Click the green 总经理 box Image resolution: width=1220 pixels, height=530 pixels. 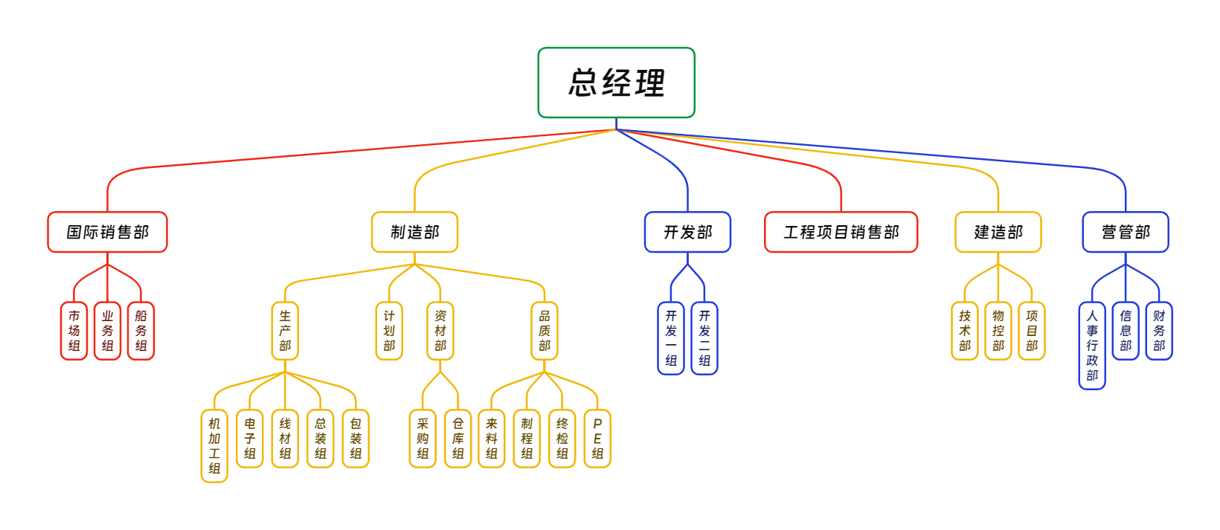(616, 83)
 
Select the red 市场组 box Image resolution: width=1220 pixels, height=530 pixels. (74, 331)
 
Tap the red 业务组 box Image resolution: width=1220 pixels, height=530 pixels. (107, 331)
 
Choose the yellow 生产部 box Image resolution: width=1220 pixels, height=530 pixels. (285, 331)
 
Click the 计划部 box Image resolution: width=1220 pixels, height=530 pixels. (389, 331)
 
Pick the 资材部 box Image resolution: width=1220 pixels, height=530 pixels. (440, 331)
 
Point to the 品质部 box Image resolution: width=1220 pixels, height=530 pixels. (545, 331)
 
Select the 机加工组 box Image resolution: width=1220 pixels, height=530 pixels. (214, 445)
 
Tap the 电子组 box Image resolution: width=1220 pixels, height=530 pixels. (250, 439)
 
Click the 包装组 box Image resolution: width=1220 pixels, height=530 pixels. (356, 439)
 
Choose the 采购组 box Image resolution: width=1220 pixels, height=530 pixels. (423, 439)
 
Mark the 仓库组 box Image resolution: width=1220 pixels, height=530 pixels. (458, 439)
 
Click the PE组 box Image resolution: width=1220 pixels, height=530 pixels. (597, 439)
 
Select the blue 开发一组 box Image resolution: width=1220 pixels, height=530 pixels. (671, 338)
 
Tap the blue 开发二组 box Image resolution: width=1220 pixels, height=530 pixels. (704, 338)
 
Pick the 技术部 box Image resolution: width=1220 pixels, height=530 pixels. (965, 331)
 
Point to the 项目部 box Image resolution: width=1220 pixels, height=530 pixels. (1032, 331)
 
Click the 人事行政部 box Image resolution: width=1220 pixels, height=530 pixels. (1092, 345)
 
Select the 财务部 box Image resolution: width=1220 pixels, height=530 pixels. (1159, 331)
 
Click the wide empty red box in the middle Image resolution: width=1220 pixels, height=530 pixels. (841, 232)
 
